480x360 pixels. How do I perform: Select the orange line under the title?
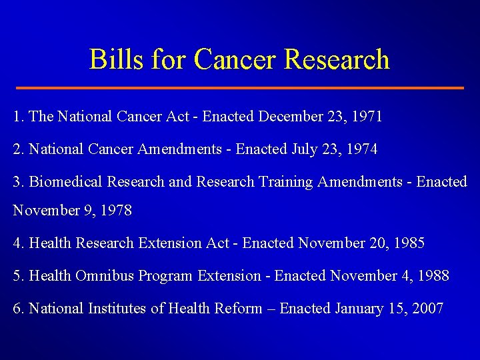point(240,88)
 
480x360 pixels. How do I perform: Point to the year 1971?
point(365,117)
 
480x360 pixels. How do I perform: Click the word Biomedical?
point(61,181)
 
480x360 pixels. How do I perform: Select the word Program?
point(167,275)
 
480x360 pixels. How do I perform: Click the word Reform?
point(239,308)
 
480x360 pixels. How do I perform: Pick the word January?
point(360,308)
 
